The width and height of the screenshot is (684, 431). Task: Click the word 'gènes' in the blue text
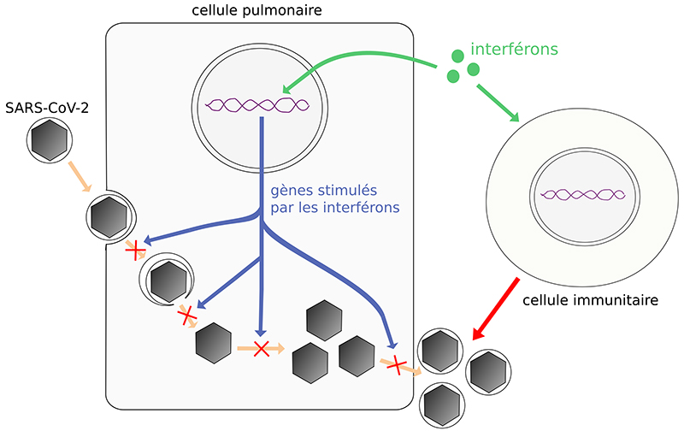289,192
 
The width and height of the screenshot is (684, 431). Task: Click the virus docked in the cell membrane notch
108,214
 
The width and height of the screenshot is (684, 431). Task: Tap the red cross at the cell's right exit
395,365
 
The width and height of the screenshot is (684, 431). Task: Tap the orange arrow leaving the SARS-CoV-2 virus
80,176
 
